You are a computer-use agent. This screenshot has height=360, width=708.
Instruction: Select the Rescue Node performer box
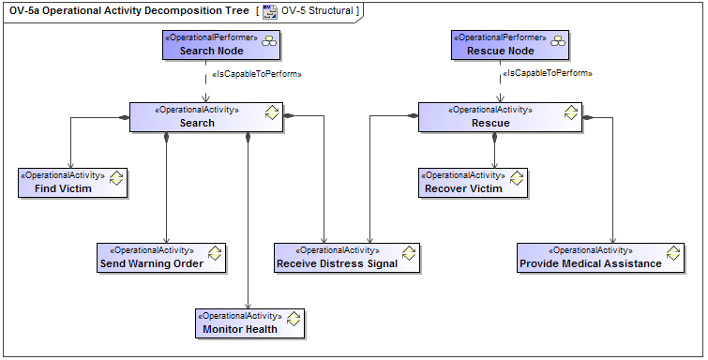(500, 45)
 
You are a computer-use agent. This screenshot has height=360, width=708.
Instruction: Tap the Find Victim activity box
(71, 182)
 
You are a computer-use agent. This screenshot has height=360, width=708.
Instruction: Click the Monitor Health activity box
(249, 322)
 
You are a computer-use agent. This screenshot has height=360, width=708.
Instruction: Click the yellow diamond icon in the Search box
(272, 112)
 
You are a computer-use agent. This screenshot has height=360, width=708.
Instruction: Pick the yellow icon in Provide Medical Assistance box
(673, 253)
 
